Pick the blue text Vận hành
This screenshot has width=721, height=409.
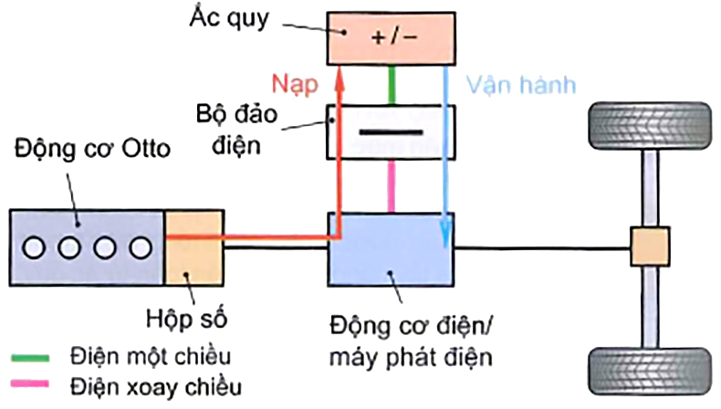tap(521, 85)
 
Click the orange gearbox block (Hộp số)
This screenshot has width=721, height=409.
tap(189, 247)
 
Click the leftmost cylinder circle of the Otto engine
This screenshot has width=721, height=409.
tap(37, 247)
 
